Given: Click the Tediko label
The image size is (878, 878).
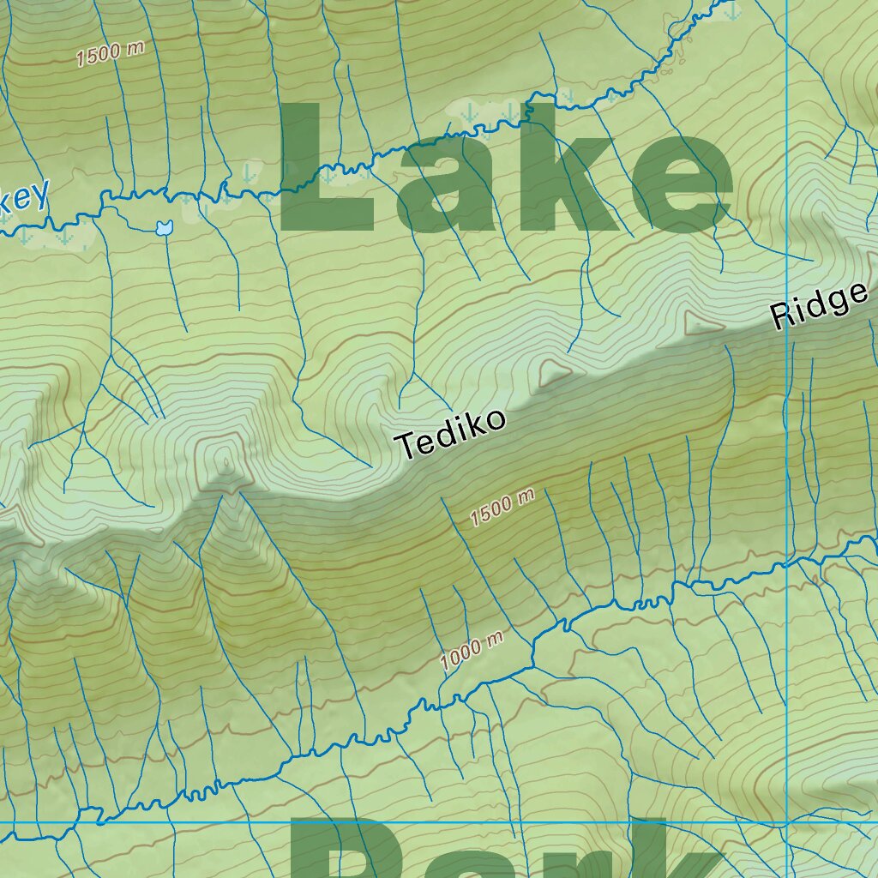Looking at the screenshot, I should pyautogui.click(x=451, y=434).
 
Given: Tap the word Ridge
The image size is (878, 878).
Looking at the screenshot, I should pyautogui.click(x=820, y=305).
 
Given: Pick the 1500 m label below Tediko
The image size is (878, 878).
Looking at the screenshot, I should pyautogui.click(x=502, y=508).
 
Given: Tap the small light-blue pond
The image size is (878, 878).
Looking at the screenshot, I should pyautogui.click(x=163, y=228).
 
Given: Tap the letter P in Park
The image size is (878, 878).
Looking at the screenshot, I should pyautogui.click(x=330, y=853).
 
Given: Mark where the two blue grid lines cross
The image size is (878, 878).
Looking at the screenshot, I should pyautogui.click(x=787, y=824).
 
